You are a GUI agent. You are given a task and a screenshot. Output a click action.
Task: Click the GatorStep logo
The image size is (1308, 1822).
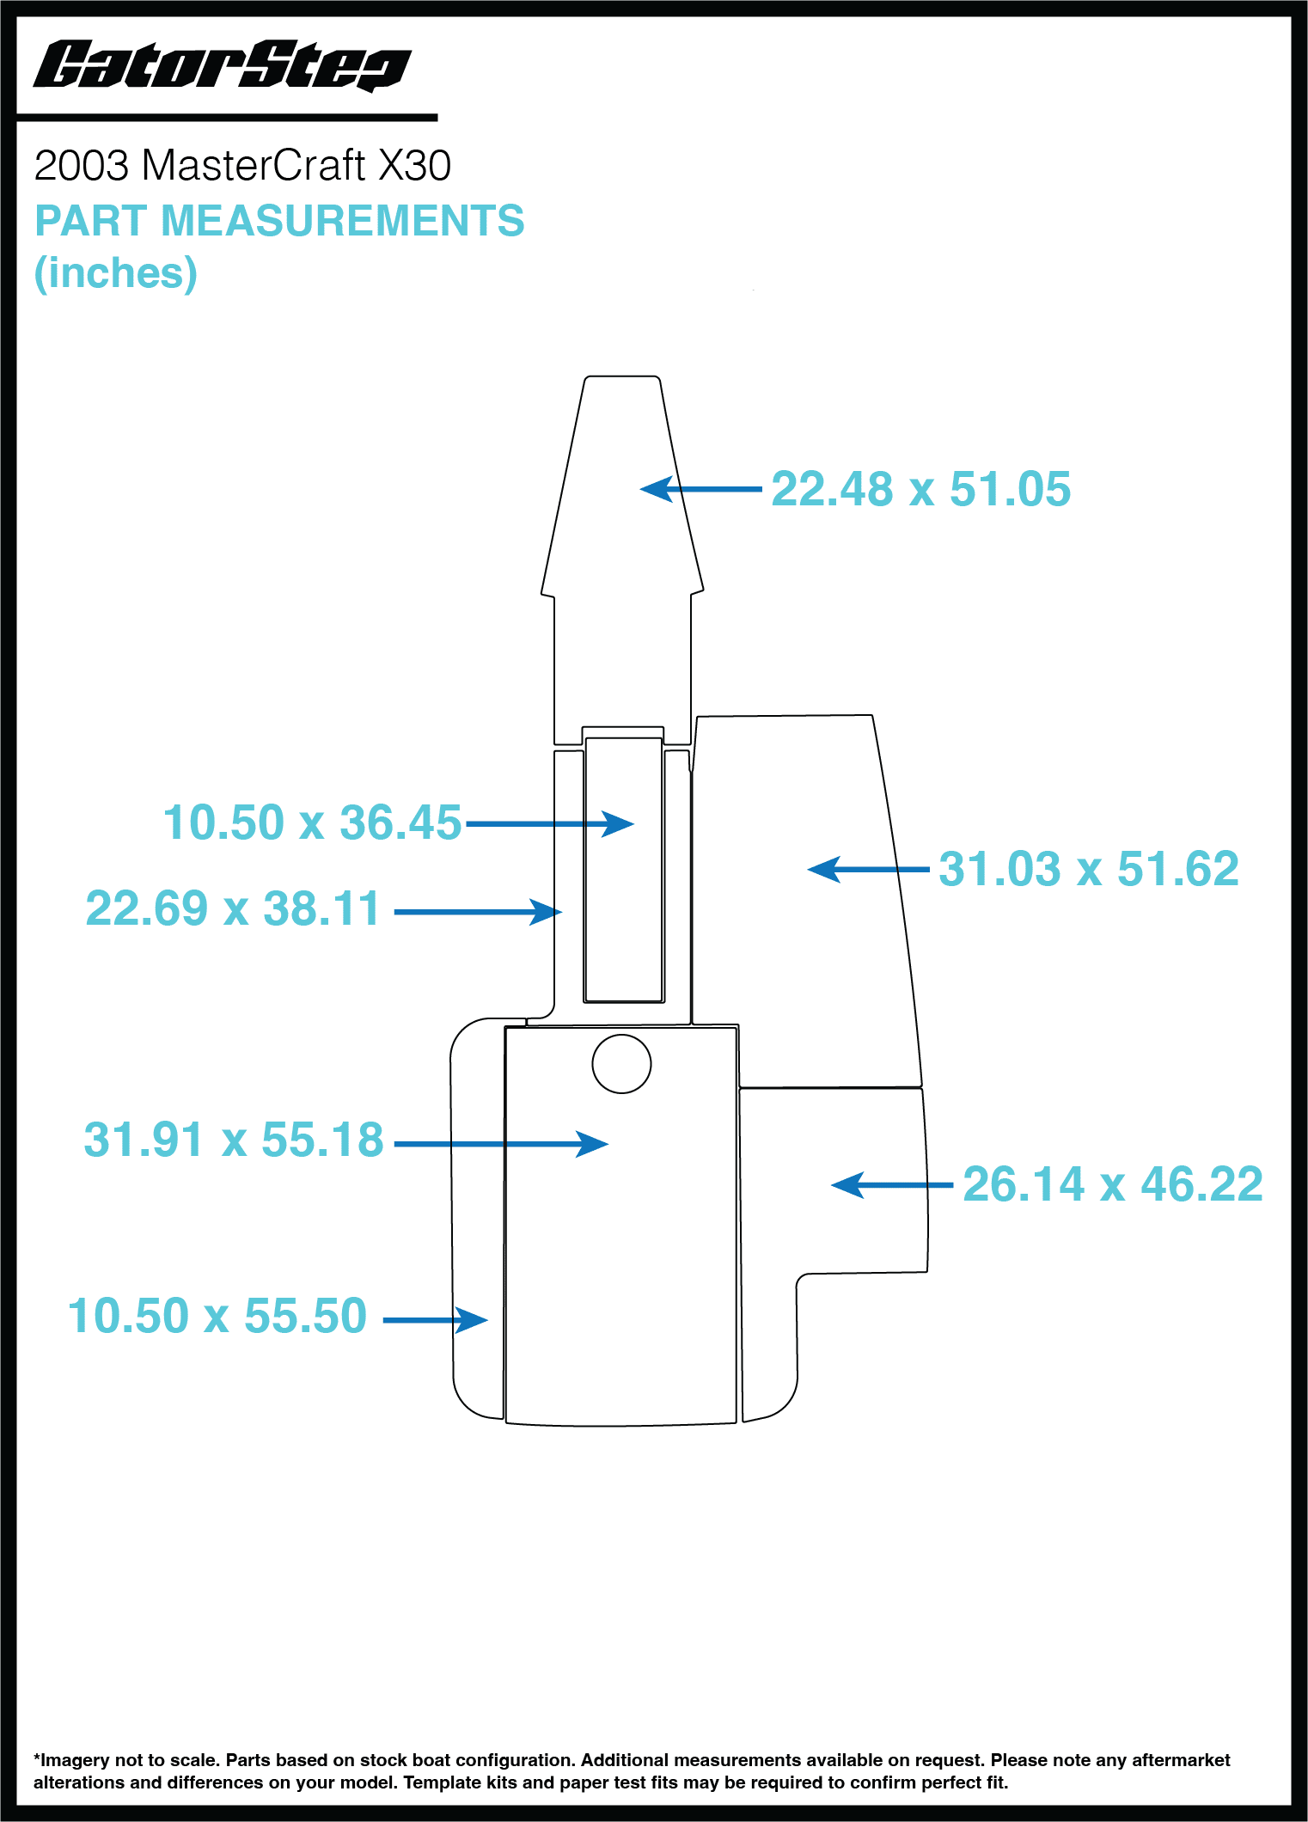222,65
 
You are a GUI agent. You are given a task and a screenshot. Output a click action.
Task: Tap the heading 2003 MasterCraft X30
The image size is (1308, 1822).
242,165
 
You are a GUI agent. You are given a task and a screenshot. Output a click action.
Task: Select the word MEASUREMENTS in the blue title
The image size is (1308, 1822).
342,220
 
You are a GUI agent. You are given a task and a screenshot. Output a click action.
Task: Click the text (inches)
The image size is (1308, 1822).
116,273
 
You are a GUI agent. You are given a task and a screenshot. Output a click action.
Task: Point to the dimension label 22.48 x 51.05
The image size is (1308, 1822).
920,489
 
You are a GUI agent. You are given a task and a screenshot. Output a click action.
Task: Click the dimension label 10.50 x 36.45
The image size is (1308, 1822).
312,822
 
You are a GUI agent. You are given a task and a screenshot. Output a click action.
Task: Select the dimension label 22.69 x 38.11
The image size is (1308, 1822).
232,908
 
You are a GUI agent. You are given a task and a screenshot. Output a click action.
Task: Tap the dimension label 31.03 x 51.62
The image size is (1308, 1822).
1088,869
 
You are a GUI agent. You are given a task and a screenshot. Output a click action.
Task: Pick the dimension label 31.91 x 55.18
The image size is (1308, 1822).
234,1140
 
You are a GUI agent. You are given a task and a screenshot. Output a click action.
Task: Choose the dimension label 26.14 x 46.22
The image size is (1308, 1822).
1113,1184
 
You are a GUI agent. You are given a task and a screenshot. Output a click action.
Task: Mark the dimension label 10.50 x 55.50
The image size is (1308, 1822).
217,1316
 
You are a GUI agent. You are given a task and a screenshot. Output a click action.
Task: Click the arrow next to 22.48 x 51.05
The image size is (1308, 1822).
700,489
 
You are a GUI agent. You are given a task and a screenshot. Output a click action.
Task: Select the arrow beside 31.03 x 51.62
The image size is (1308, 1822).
868,870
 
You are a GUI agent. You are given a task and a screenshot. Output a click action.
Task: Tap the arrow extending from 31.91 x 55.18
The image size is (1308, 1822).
501,1144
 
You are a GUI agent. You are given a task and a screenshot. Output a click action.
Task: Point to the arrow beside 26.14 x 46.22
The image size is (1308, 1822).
892,1185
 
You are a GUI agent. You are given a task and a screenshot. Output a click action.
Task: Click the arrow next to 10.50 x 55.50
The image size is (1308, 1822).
436,1320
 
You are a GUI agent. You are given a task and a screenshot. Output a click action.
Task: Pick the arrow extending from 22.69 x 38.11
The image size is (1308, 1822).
478,912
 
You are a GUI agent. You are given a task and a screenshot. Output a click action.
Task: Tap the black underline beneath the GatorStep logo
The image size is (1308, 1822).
227,117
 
